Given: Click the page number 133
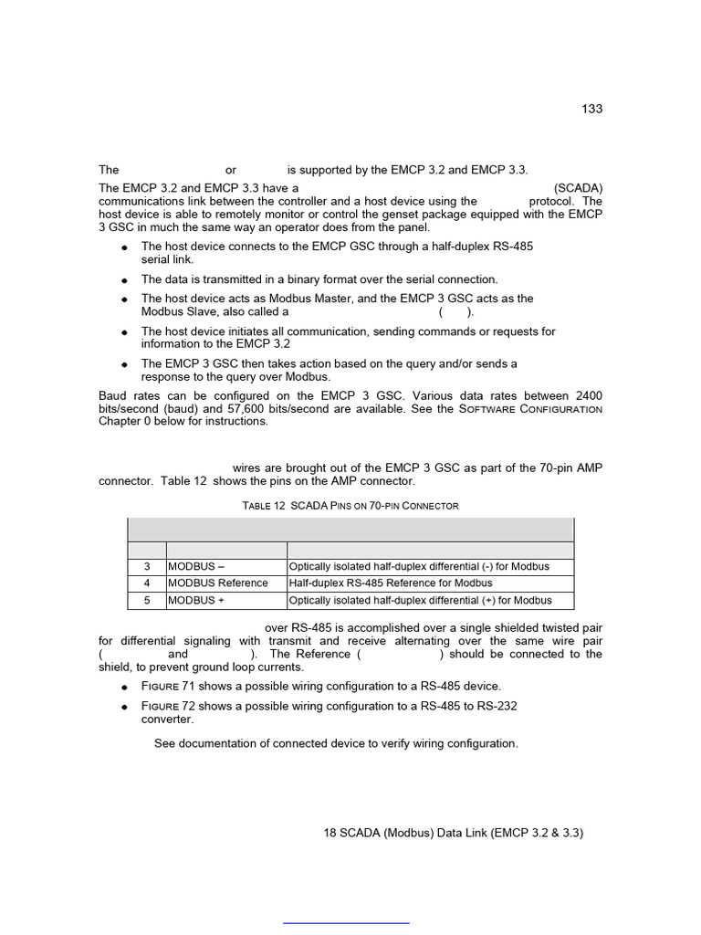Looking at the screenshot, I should [x=591, y=109].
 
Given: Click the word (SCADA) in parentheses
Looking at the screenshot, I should [x=578, y=188].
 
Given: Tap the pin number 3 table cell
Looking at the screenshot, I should [x=146, y=566].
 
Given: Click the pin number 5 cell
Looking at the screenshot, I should [x=146, y=600].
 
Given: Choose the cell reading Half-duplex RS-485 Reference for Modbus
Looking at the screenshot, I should [x=391, y=583].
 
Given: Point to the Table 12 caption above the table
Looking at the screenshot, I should [x=350, y=505].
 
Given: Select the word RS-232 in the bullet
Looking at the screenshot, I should [x=501, y=707].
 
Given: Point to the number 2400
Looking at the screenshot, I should [x=589, y=395].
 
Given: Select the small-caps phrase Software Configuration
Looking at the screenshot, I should [x=530, y=408].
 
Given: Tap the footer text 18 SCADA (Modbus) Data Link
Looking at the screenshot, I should [x=453, y=833].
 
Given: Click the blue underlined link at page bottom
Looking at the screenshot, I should [x=346, y=923].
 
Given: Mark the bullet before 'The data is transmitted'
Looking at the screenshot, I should [x=123, y=280].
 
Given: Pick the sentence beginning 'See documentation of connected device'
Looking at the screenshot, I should [x=336, y=743].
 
